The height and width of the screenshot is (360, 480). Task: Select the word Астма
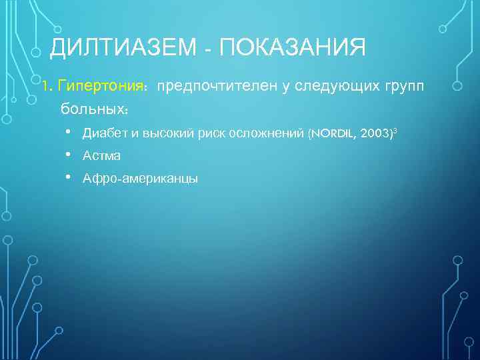(x=102, y=156)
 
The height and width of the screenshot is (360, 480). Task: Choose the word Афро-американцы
(x=140, y=179)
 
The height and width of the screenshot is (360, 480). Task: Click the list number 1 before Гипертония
(x=45, y=86)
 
